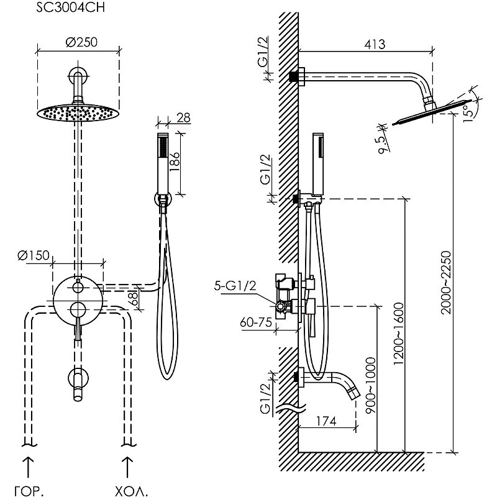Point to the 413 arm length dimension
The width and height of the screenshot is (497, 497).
[x=373, y=44]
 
